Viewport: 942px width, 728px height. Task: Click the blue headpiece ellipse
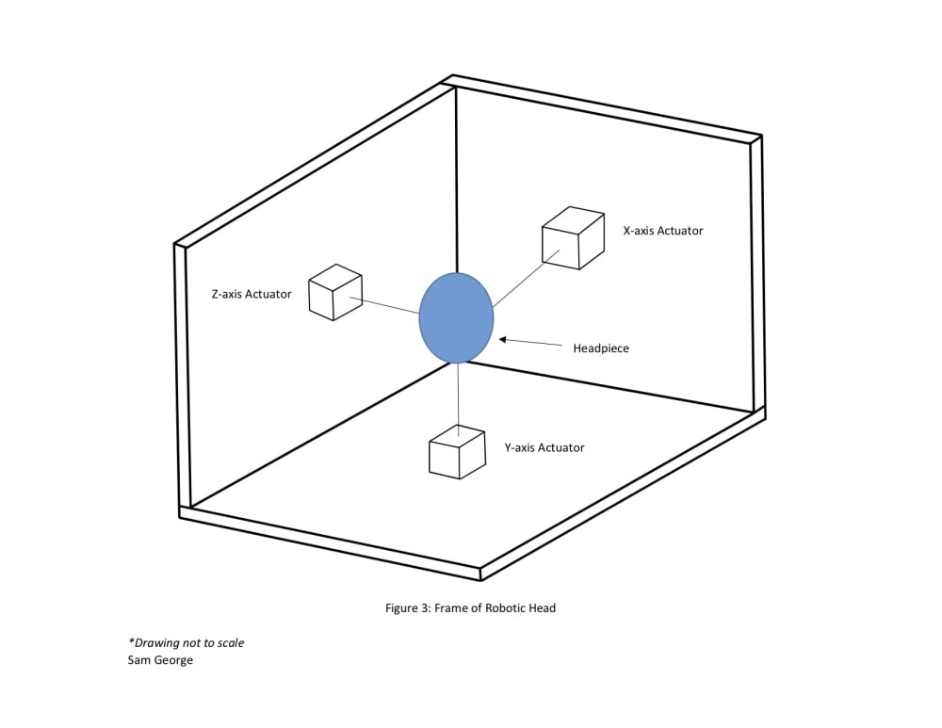tap(456, 317)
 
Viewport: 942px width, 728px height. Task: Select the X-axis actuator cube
tap(573, 238)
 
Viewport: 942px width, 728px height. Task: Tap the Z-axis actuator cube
tap(336, 293)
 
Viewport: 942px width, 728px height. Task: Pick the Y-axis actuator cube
tap(457, 452)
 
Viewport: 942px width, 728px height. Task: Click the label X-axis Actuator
tap(662, 231)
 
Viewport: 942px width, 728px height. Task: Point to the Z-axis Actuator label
tap(252, 295)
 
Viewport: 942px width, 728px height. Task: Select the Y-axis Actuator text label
tap(544, 447)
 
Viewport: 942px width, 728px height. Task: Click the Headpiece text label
tap(601, 348)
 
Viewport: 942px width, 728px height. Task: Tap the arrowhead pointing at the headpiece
tap(503, 340)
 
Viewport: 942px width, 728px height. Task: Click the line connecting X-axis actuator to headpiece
tap(527, 279)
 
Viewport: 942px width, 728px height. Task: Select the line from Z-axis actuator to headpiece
tap(384, 306)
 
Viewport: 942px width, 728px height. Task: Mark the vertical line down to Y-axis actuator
tap(459, 399)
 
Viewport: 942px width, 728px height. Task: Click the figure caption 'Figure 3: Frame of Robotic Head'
tap(470, 607)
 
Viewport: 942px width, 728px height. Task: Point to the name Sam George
tap(160, 660)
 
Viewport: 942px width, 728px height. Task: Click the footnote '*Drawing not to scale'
tap(187, 642)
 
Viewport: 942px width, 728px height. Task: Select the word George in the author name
tap(173, 660)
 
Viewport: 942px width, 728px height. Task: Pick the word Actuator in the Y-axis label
tap(561, 447)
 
